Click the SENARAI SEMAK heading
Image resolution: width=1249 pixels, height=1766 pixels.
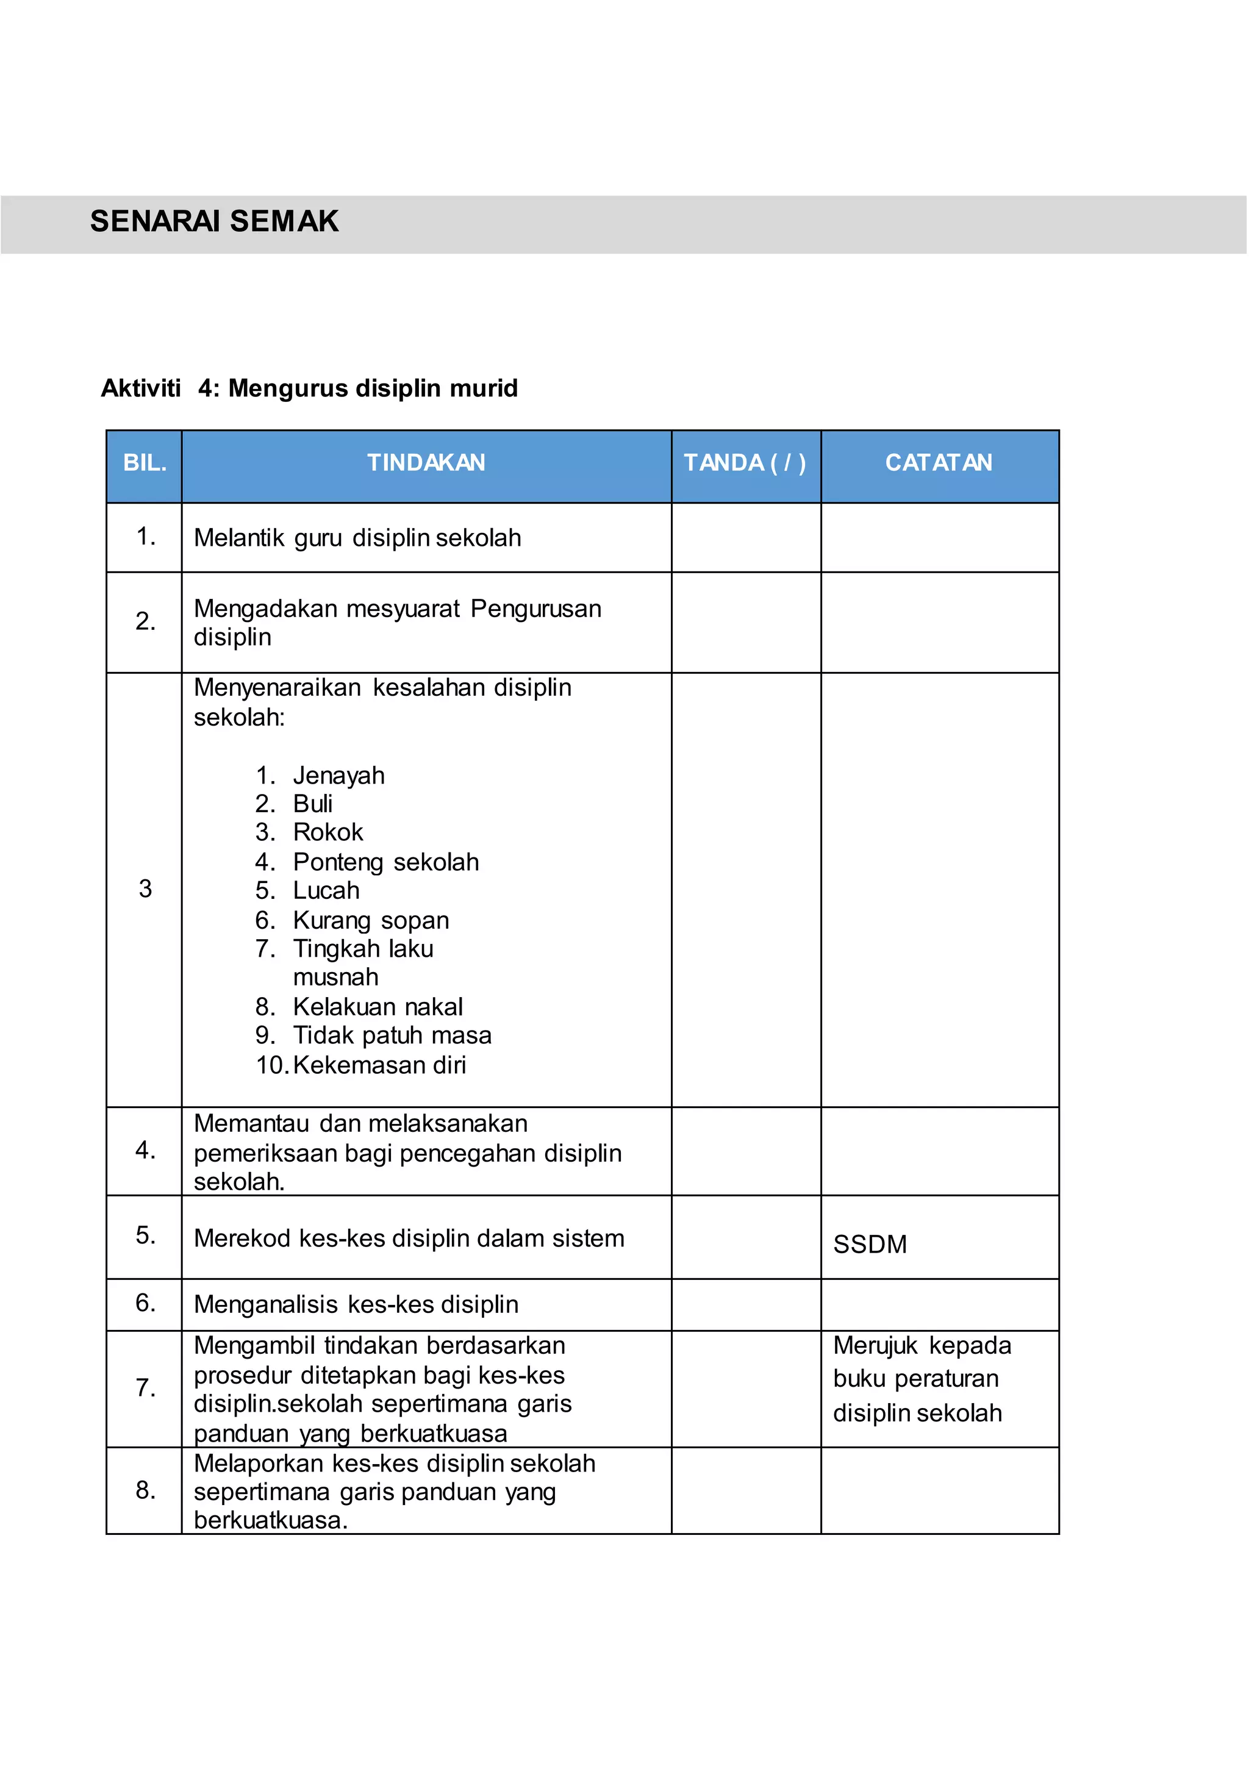coord(214,221)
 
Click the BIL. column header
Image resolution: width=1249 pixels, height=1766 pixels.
coord(145,463)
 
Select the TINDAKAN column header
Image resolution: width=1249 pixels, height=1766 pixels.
coord(426,463)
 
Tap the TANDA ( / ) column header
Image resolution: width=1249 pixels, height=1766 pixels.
coord(745,463)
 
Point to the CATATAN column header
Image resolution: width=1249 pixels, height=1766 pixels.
coord(939,463)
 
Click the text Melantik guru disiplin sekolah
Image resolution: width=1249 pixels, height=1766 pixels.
coord(357,538)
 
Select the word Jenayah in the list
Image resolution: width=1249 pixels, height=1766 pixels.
coord(338,775)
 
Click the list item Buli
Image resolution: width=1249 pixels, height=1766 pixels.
coord(312,804)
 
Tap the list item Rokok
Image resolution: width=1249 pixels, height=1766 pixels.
coord(327,832)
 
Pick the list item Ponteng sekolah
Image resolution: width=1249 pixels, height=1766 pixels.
coord(385,862)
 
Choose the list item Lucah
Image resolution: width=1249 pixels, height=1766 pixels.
coord(326,891)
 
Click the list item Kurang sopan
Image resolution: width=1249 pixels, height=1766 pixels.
coord(371,921)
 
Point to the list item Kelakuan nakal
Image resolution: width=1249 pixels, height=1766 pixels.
coord(378,1007)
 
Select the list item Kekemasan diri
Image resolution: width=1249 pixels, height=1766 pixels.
coord(379,1065)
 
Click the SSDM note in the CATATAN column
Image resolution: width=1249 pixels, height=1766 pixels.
coord(870,1245)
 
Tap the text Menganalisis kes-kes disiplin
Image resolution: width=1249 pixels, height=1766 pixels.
coord(356,1304)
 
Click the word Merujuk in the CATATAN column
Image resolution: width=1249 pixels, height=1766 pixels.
coord(875,1346)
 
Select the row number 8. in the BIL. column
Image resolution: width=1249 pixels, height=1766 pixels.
coord(145,1490)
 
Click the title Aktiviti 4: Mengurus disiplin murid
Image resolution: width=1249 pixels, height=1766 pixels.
coord(309,388)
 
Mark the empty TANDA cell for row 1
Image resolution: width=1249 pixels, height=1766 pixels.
coord(745,538)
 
